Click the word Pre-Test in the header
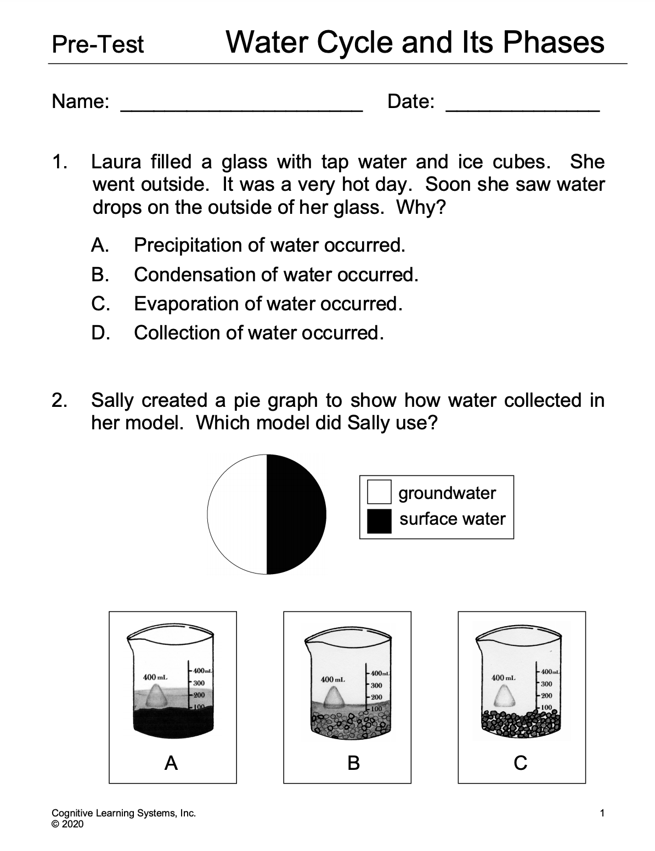98,44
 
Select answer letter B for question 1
99,274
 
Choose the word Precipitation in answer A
189,245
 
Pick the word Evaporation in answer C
187,304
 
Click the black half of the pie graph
296,515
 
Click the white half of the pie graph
237,515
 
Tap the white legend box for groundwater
379,492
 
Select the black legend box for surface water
379,521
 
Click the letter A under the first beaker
172,762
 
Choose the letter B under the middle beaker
353,762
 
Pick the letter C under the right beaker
521,762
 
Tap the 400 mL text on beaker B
332,679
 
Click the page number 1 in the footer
602,813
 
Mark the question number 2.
58,400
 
